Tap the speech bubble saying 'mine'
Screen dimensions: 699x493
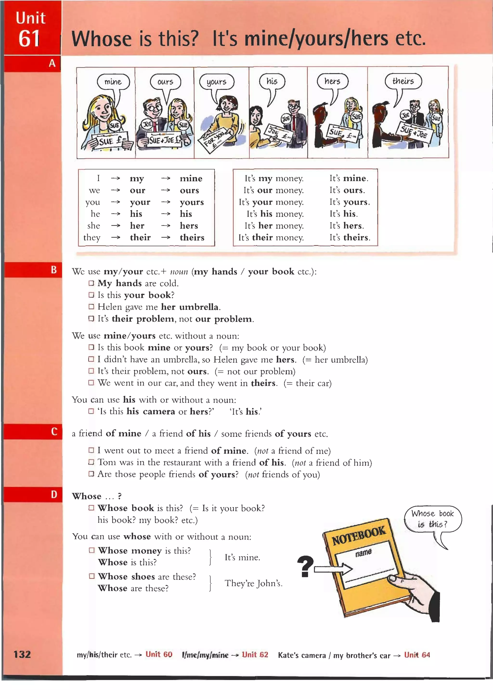pos(113,82)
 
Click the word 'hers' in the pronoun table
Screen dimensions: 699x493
pos(189,226)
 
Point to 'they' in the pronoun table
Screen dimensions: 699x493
pos(92,238)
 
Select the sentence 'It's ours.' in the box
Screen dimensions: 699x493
pos(347,190)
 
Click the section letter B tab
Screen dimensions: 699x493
pos(54,270)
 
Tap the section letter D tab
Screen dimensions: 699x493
pos(54,494)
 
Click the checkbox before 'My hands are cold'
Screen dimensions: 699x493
pos(91,283)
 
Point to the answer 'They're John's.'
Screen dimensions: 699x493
pos(253,583)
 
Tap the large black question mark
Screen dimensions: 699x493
pos(305,566)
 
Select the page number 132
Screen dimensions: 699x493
pos(22,654)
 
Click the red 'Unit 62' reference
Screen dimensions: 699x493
pos(255,655)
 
